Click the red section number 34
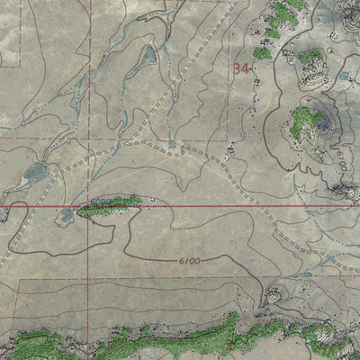(x=239, y=67)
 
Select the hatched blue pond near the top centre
(x=145, y=60)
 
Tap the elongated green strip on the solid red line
(x=111, y=206)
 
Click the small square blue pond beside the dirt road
(x=172, y=144)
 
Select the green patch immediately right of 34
(x=262, y=52)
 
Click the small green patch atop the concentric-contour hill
(x=310, y=57)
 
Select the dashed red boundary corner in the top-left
(x=21, y=66)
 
